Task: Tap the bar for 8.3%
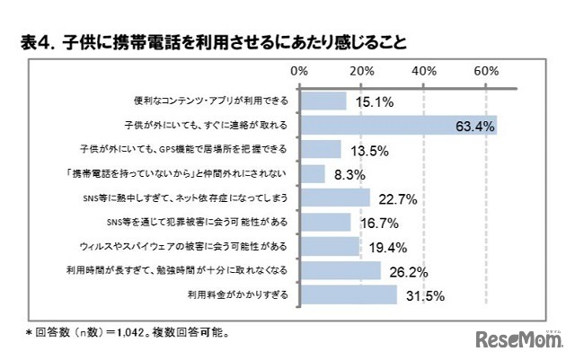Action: click(312, 173)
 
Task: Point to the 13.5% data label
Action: click(367, 150)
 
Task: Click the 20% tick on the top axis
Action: click(361, 72)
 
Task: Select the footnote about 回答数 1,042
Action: click(127, 332)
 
